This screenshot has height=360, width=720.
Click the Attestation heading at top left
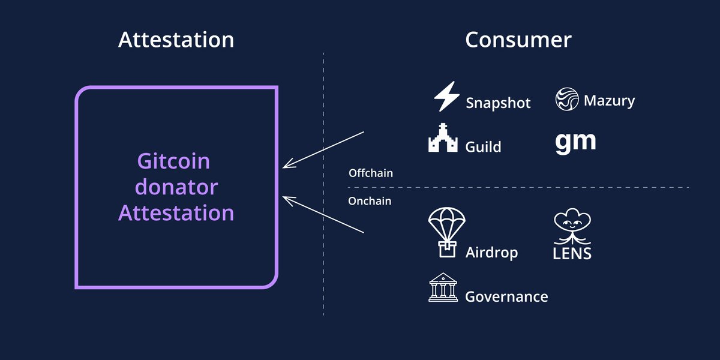(x=176, y=40)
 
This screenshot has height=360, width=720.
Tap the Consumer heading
(x=518, y=40)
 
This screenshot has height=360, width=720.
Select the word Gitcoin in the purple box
(x=173, y=161)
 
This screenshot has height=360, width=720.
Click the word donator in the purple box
(x=176, y=187)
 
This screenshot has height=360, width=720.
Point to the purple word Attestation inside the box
(x=176, y=213)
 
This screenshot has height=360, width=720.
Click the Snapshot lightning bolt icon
(x=446, y=97)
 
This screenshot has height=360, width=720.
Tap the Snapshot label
(x=498, y=103)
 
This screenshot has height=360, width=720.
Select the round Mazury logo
(x=567, y=99)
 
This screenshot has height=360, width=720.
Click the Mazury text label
(x=609, y=101)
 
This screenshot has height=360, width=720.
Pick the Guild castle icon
(x=443, y=137)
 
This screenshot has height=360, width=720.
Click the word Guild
(x=483, y=147)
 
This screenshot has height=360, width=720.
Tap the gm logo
(x=575, y=143)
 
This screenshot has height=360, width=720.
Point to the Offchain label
(x=371, y=173)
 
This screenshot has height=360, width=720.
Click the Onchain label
(x=370, y=201)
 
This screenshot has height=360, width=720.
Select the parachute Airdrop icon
(x=447, y=232)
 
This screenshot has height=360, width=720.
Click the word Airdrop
(x=492, y=253)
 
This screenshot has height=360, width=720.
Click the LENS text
(x=572, y=254)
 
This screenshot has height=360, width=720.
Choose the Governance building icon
(x=443, y=287)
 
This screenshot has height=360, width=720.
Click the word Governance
(x=506, y=296)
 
